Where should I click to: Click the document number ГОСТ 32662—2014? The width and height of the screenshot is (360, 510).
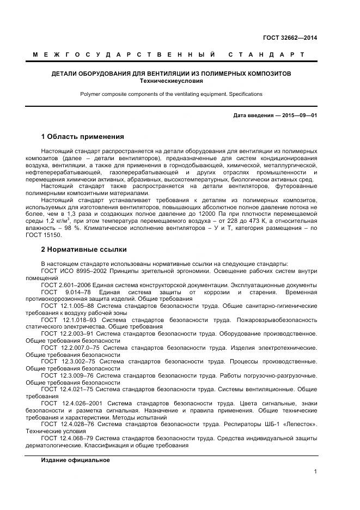[x=290, y=38]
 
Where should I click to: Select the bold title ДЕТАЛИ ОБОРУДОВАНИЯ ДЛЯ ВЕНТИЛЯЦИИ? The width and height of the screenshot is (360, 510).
[x=171, y=73]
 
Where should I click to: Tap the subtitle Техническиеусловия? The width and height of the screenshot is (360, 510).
[x=171, y=81]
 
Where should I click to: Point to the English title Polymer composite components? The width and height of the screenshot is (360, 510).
[x=171, y=94]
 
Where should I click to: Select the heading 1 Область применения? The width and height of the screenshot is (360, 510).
[x=83, y=136]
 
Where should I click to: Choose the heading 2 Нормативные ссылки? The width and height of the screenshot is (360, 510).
[x=84, y=250]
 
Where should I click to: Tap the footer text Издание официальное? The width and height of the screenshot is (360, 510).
[x=75, y=460]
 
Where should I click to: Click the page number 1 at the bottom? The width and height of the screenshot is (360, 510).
[x=315, y=472]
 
